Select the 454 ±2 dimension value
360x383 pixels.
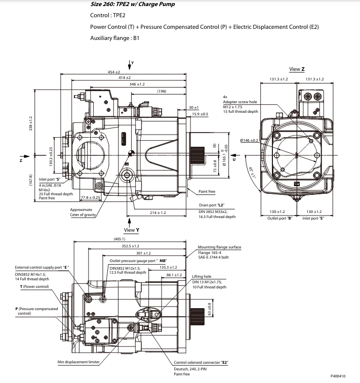117,72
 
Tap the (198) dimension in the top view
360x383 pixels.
162,91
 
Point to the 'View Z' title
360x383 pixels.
297,69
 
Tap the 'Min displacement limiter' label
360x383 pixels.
78,362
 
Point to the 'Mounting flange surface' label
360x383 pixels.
219,247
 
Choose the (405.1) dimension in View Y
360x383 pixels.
119,238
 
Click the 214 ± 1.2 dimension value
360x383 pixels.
157,213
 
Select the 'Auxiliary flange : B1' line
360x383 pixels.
114,38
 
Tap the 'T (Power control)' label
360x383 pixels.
34,287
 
